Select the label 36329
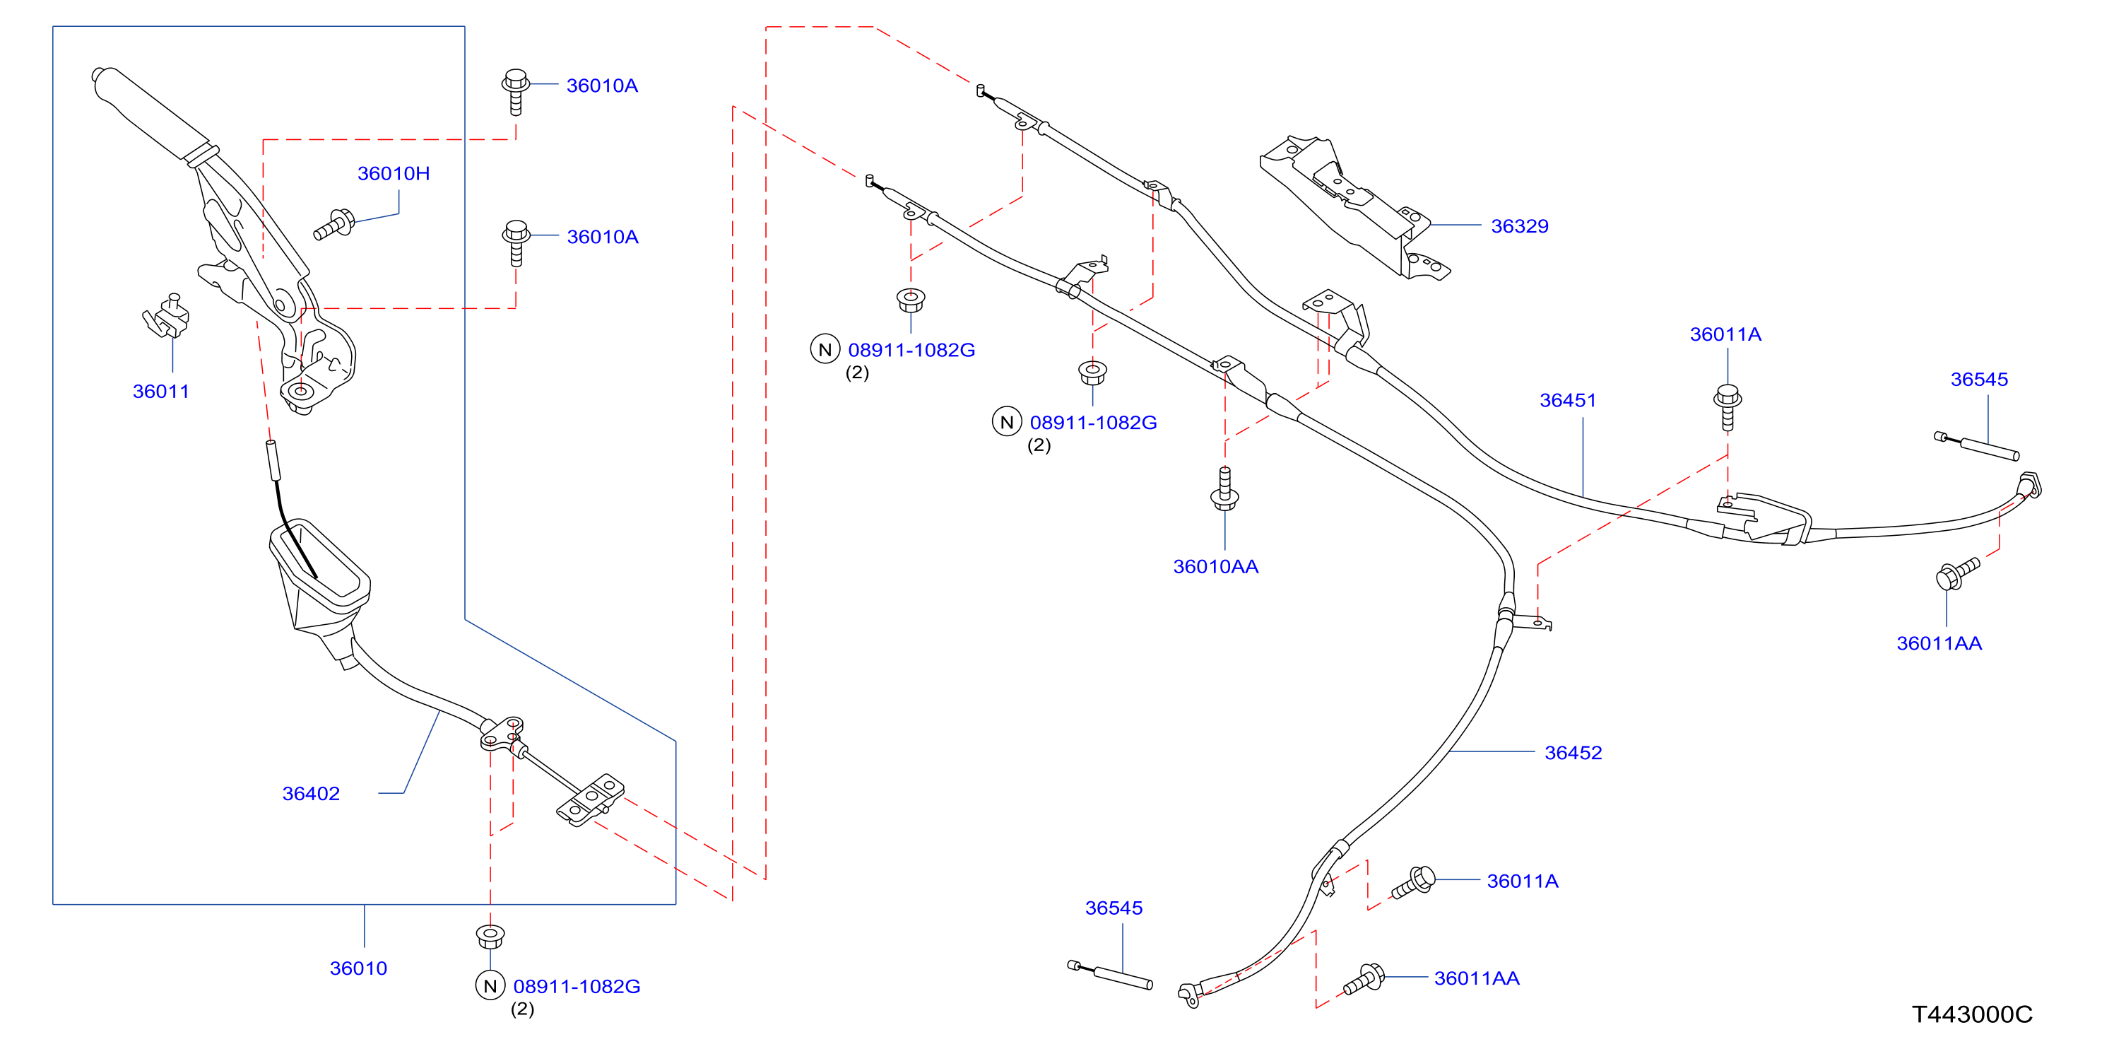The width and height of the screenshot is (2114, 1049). pyautogui.click(x=1519, y=225)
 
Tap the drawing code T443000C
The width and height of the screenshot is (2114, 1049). pyautogui.click(x=1972, y=1014)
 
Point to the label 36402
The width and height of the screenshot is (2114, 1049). pyautogui.click(x=310, y=794)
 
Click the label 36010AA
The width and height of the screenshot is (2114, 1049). pyautogui.click(x=1215, y=566)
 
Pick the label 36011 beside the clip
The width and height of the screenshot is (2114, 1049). pyautogui.click(x=161, y=392)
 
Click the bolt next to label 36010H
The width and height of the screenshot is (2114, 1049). pyautogui.click(x=334, y=225)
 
